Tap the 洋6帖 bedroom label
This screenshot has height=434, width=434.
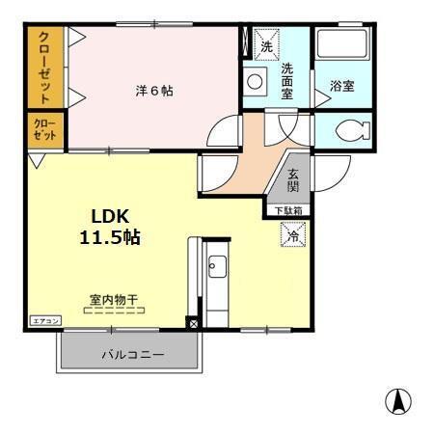(x=154, y=92)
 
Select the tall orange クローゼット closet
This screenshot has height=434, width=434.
(x=44, y=68)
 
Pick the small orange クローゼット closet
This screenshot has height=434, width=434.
(x=44, y=131)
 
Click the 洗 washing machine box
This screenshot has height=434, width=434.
(x=265, y=44)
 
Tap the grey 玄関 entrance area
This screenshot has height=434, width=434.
(x=293, y=180)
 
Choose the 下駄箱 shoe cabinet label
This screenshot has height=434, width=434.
(x=289, y=210)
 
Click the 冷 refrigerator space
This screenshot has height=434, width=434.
(x=292, y=233)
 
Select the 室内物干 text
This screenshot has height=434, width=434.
(x=114, y=299)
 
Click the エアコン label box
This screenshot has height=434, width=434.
(x=45, y=320)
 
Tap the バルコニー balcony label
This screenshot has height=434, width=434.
(x=132, y=354)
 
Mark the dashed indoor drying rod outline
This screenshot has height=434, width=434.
(x=114, y=311)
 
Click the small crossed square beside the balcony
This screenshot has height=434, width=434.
(x=193, y=323)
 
